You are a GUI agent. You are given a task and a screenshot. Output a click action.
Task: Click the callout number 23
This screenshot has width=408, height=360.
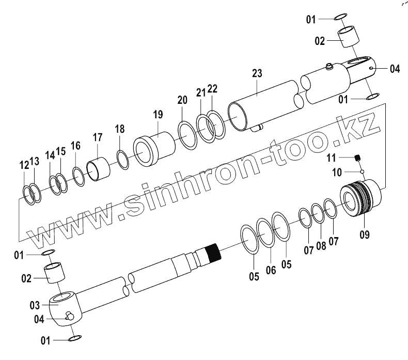(x=257, y=74)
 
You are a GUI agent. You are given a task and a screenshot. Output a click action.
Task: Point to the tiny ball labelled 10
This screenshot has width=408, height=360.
(x=363, y=171)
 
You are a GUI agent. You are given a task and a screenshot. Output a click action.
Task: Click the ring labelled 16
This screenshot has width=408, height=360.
(x=79, y=177)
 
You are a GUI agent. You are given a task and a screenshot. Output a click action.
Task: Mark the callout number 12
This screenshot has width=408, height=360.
(x=24, y=165)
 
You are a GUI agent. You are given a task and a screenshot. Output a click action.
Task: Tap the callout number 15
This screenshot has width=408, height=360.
(x=61, y=151)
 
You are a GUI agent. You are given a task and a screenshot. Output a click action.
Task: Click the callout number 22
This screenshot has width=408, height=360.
(x=212, y=89)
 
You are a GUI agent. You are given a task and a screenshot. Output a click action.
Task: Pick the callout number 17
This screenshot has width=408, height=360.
(x=98, y=138)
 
